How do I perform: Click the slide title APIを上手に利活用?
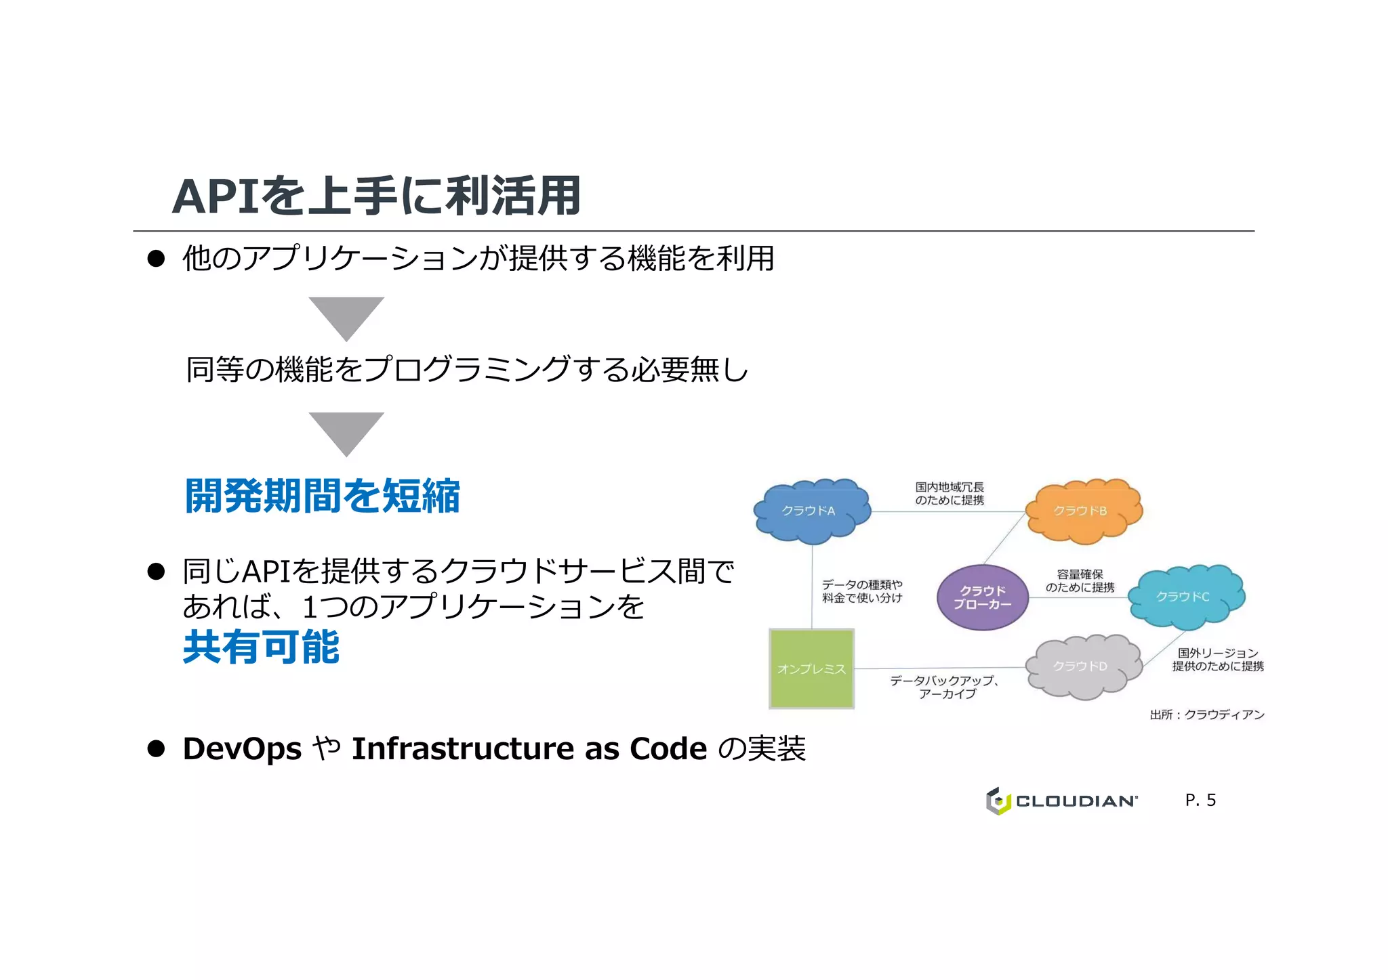tap(376, 196)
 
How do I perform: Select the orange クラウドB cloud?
tap(1083, 511)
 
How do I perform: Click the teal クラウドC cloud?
tap(1186, 596)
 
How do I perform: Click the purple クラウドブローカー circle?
tap(982, 597)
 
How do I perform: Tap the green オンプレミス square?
tap(811, 668)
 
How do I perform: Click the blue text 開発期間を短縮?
tap(323, 496)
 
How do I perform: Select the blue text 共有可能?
tap(261, 647)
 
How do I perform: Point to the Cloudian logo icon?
tap(998, 801)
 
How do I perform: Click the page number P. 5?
tap(1200, 800)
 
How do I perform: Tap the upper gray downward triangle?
tap(346, 316)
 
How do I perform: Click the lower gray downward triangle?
tap(346, 432)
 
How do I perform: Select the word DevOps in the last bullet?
tap(242, 749)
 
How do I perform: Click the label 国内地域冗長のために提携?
tap(950, 494)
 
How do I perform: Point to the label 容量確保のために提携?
tap(1080, 581)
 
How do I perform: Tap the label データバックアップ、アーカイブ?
tap(945, 687)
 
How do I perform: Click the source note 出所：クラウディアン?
tap(1206, 715)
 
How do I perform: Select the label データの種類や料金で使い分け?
tap(861, 591)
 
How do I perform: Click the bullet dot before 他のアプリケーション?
tap(157, 259)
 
